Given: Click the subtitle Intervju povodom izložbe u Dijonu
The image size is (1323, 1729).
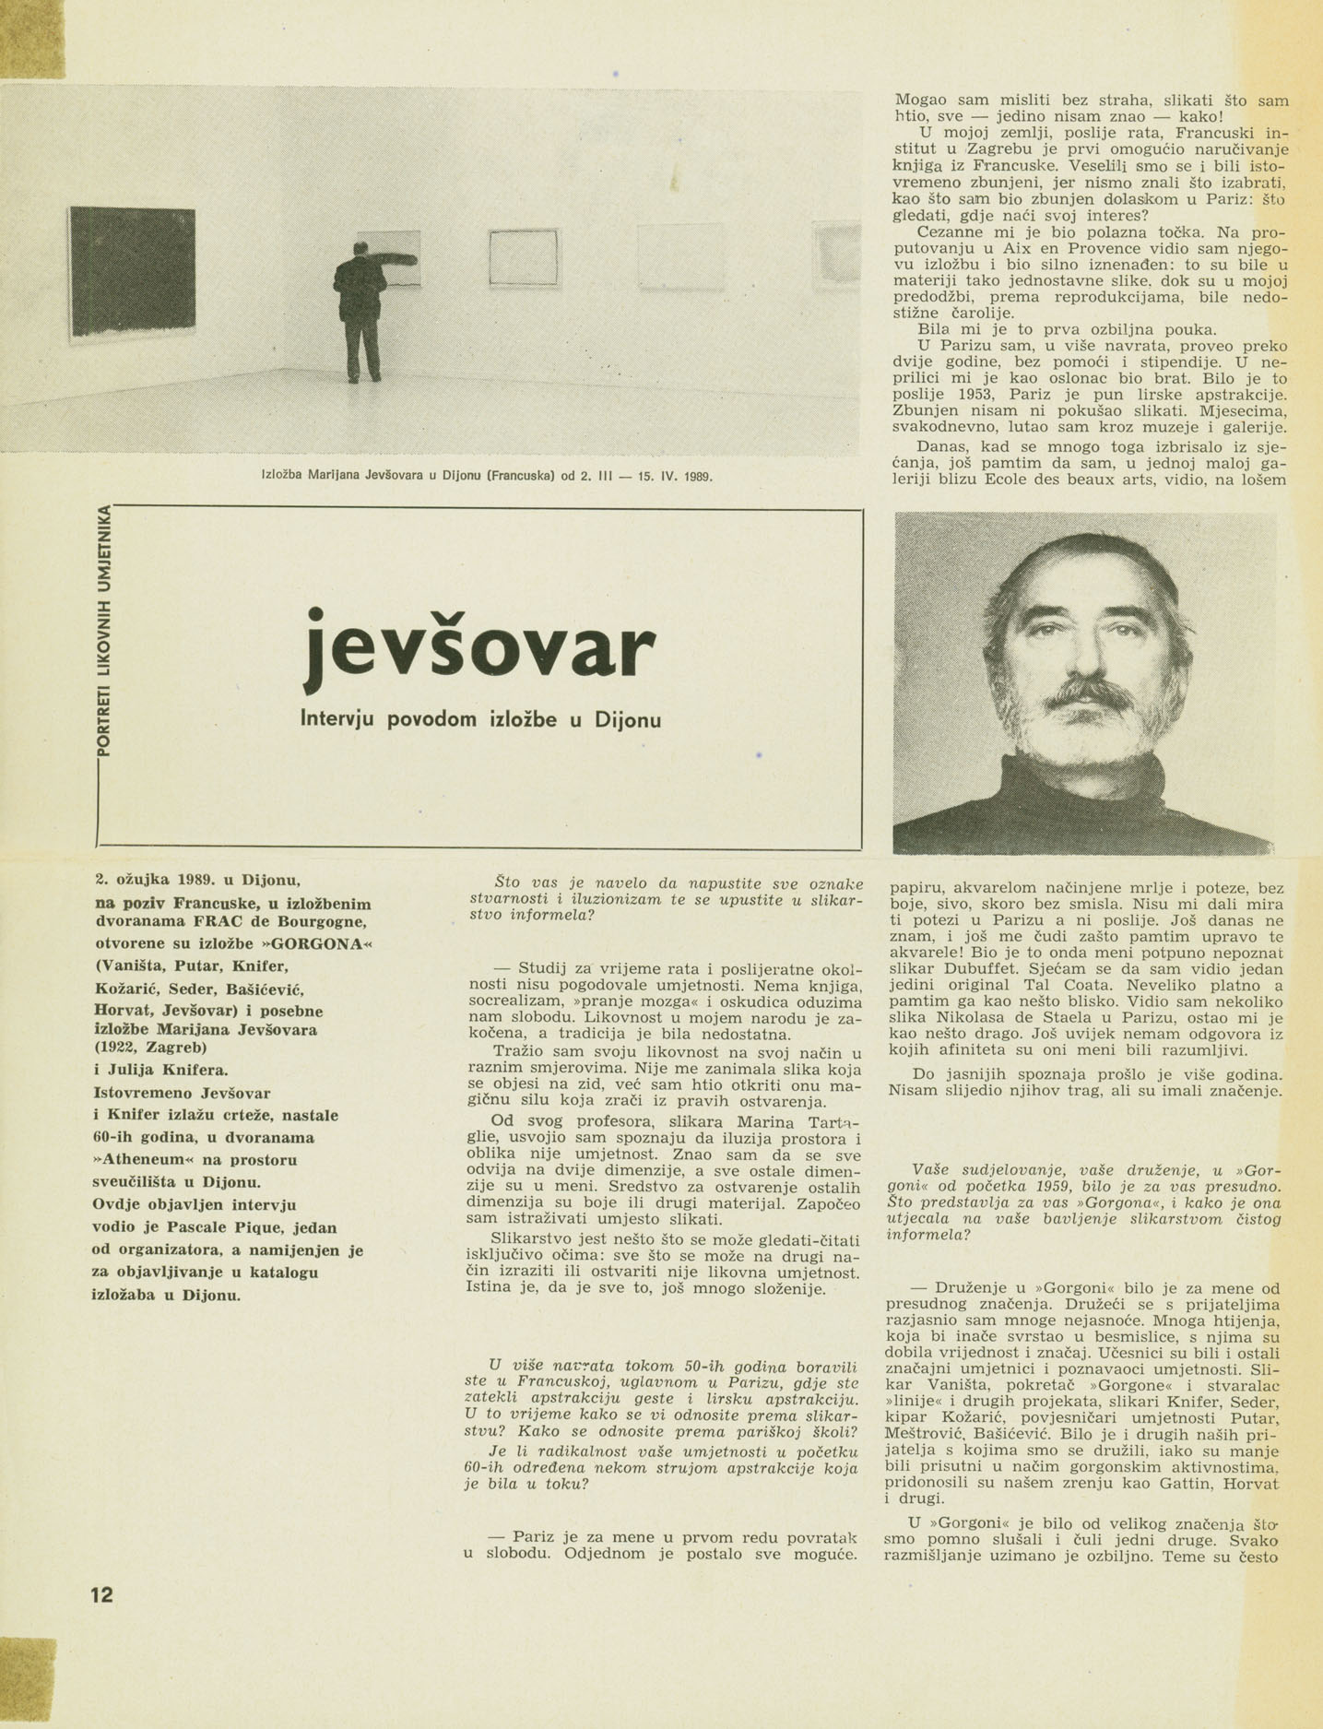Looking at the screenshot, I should pyautogui.click(x=480, y=719).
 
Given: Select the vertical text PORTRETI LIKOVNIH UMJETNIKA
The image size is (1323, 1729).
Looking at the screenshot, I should pyautogui.click(x=108, y=628).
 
